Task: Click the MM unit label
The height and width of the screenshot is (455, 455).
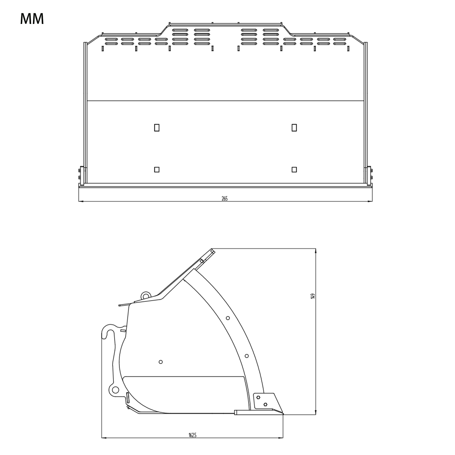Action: (32, 19)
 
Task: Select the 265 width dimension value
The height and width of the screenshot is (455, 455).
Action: (225, 198)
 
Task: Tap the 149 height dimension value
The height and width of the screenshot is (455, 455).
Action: (313, 296)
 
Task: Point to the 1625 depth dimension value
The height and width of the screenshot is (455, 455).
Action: (192, 435)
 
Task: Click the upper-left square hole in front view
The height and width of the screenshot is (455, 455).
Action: (156, 128)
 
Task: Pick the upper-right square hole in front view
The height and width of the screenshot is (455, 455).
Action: (294, 128)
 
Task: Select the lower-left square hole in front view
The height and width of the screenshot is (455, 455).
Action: (156, 169)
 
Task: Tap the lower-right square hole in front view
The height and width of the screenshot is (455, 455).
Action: (294, 169)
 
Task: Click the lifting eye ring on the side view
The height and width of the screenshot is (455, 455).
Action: (145, 295)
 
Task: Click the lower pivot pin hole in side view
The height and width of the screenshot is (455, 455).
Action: (115, 390)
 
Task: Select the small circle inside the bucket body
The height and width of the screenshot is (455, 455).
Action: (161, 362)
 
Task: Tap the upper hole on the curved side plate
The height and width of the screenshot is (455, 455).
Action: (228, 318)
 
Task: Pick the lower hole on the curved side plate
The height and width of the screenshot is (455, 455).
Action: (247, 356)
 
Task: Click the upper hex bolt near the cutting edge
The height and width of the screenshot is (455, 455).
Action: (258, 397)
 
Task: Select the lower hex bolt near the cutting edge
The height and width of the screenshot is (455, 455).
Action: (265, 404)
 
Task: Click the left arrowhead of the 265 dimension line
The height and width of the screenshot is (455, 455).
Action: (79, 201)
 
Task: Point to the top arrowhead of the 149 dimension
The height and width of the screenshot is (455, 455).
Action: (316, 250)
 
